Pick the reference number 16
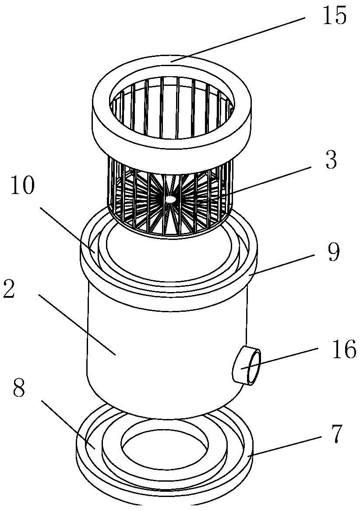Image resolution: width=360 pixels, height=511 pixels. coord(344,349)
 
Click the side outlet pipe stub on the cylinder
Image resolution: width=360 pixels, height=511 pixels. coord(247,366)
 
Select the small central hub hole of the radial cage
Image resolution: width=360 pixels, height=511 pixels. coord(170,198)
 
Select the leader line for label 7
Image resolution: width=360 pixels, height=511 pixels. coord(282,446)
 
